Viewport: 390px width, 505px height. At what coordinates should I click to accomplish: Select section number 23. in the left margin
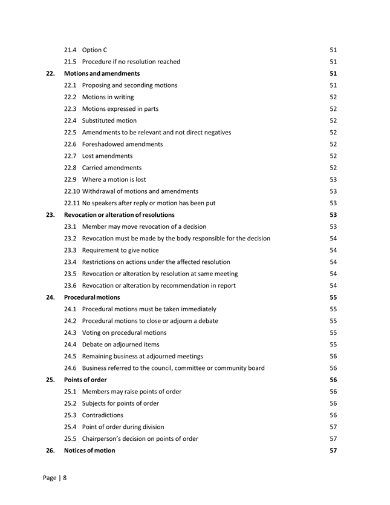(x=50, y=214)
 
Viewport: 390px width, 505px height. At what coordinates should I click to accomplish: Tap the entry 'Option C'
(x=95, y=50)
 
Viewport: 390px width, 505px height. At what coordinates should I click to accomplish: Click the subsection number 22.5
(x=71, y=132)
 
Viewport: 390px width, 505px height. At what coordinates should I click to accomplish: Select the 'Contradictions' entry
(x=103, y=415)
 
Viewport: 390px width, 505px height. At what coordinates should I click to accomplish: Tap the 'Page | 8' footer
(x=54, y=478)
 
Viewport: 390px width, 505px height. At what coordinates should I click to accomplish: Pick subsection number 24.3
(x=71, y=332)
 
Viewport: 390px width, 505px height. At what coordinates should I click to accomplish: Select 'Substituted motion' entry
(x=109, y=120)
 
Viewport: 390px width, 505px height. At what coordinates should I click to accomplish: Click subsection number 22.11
(x=72, y=203)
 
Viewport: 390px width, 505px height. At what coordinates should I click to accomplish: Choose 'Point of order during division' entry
(x=123, y=427)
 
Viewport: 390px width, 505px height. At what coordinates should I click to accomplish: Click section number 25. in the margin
(x=50, y=380)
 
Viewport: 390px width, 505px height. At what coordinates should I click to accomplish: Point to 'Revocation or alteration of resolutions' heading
(x=119, y=214)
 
